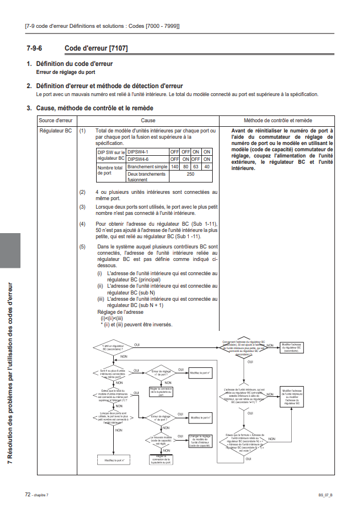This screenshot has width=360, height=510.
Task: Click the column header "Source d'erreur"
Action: [x=56, y=121]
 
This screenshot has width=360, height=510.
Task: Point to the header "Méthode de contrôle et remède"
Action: [x=278, y=121]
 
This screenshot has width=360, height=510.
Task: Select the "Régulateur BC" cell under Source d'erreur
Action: [x=56, y=131]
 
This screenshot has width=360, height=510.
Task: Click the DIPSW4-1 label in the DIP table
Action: [x=138, y=152]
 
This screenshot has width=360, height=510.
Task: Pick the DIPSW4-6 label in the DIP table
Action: [x=138, y=159]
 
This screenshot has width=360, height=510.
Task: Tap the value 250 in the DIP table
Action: [x=191, y=175]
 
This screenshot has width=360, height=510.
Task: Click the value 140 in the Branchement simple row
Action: [x=175, y=167]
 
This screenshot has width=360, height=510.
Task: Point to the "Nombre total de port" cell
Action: [x=110, y=171]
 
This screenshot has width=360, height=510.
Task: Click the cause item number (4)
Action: [x=82, y=224]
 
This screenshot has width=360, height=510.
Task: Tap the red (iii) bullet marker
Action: [x=100, y=298]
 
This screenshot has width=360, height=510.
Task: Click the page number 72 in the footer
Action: [x=27, y=495]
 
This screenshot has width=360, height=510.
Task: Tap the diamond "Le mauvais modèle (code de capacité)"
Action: [x=161, y=440]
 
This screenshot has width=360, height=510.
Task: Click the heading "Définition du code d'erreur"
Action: [x=74, y=64]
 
